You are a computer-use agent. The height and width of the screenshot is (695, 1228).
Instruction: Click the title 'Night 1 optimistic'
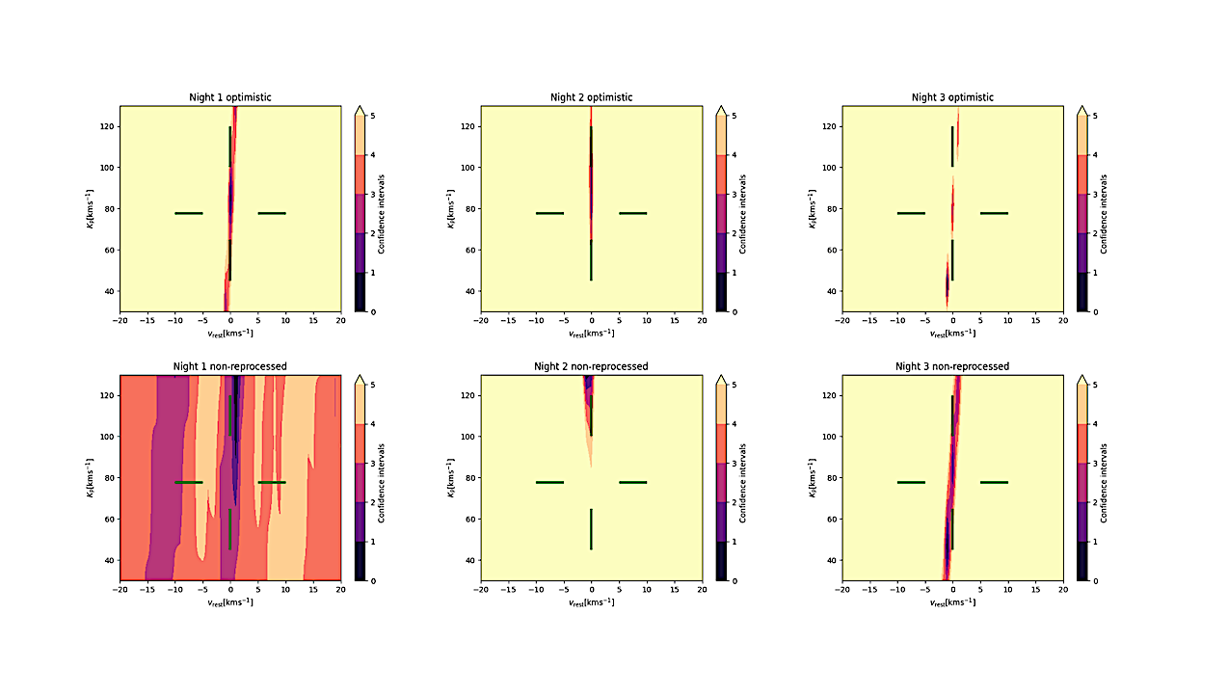click(x=229, y=97)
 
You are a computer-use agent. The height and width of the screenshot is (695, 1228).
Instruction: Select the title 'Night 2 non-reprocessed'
click(x=591, y=366)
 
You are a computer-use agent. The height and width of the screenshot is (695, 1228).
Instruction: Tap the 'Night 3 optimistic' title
click(x=952, y=97)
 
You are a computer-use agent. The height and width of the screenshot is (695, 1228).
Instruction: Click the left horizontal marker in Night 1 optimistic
click(x=189, y=213)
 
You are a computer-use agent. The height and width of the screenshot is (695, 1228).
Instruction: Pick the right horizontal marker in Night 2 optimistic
click(x=632, y=213)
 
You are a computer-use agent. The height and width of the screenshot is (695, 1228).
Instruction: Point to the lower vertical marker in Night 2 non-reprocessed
click(x=591, y=529)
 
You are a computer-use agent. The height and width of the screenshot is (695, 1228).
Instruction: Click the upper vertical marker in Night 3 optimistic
click(x=952, y=146)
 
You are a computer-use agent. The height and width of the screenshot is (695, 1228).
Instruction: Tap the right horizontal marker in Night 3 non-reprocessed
click(x=994, y=482)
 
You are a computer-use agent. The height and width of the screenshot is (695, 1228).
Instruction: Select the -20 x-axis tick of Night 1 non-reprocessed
click(x=120, y=589)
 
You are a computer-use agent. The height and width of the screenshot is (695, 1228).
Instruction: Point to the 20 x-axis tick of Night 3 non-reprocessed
click(x=1062, y=589)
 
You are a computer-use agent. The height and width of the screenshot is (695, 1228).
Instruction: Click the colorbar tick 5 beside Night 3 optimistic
click(x=1094, y=115)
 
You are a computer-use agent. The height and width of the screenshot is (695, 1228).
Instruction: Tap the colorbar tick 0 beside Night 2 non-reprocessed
click(x=733, y=581)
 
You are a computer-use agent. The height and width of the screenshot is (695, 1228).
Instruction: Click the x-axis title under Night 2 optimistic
click(x=591, y=334)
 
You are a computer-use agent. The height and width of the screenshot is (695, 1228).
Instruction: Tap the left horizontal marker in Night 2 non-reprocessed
click(x=549, y=482)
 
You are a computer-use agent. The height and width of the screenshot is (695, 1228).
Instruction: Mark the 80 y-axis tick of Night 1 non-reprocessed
click(x=110, y=478)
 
